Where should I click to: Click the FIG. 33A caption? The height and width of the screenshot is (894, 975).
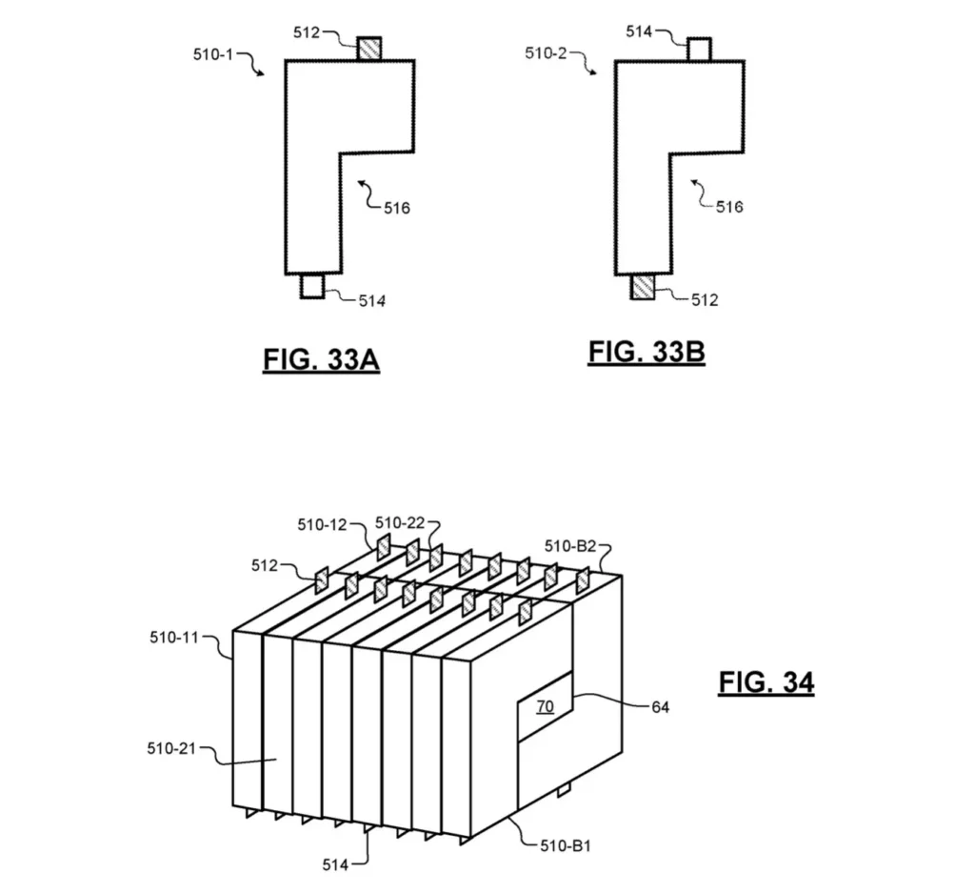(x=321, y=361)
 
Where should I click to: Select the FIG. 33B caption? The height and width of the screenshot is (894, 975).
(x=647, y=352)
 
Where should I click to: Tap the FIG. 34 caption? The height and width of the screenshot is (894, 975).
(x=766, y=682)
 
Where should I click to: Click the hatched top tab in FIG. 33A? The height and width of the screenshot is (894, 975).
(x=368, y=49)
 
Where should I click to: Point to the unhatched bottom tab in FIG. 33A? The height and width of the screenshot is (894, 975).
(x=312, y=286)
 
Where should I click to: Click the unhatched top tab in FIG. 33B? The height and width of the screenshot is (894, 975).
(x=699, y=50)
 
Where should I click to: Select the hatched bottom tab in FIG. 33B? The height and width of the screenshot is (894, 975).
(x=644, y=286)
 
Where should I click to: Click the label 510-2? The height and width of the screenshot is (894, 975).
(x=546, y=53)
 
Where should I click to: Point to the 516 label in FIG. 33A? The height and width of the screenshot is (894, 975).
(x=396, y=208)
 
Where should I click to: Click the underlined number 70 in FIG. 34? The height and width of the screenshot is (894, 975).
(x=545, y=706)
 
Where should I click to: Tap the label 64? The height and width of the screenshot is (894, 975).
(x=661, y=707)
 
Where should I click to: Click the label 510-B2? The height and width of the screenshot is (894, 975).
(x=570, y=546)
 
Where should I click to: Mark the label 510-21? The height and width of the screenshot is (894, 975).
(x=171, y=749)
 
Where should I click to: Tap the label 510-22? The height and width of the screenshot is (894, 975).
(x=400, y=522)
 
